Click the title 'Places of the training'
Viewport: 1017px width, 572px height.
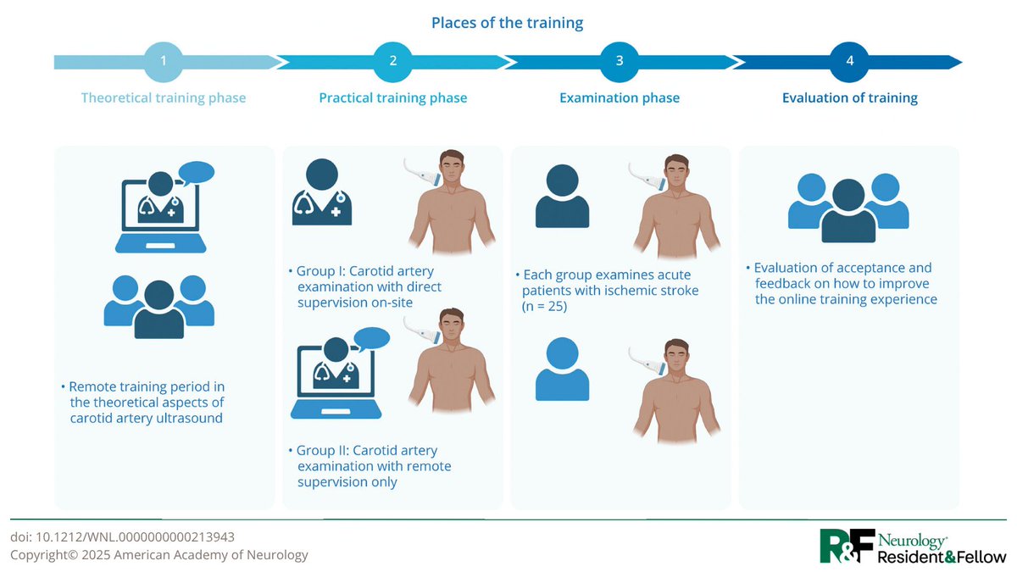(x=507, y=23)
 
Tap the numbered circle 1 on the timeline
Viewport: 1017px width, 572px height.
(x=164, y=62)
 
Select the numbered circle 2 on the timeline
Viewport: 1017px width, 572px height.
(x=392, y=62)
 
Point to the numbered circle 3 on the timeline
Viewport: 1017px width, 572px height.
(x=620, y=62)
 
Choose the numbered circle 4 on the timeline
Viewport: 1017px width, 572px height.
(x=849, y=62)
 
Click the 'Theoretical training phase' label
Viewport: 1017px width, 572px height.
(x=164, y=97)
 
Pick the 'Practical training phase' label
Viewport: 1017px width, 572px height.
(x=392, y=97)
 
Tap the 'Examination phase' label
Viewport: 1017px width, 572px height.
(x=620, y=97)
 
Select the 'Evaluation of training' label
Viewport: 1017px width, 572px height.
(x=849, y=97)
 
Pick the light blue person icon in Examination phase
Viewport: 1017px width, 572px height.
(x=562, y=369)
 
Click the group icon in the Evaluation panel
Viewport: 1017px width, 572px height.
(x=848, y=206)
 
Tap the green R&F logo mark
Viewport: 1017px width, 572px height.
(x=846, y=546)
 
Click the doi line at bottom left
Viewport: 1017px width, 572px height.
(x=122, y=536)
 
